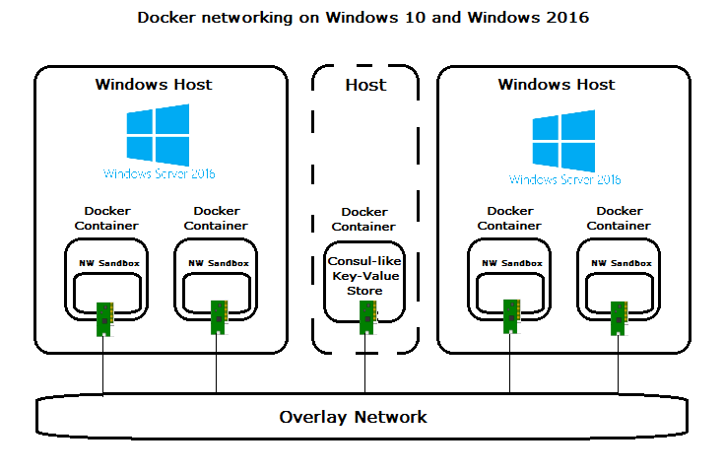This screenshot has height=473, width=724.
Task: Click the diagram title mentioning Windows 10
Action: tap(362, 18)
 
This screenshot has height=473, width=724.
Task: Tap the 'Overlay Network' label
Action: tap(353, 417)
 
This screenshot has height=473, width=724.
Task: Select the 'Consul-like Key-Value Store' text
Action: tap(365, 276)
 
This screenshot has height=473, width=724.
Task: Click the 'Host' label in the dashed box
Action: tap(365, 85)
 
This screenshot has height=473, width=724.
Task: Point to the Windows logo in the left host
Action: tap(158, 134)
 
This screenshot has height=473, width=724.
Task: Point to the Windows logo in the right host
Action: tap(563, 139)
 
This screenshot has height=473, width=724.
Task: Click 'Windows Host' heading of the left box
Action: tap(154, 84)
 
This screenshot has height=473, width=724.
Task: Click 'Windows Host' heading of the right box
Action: tap(557, 84)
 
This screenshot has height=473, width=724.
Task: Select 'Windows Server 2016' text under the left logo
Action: tap(159, 173)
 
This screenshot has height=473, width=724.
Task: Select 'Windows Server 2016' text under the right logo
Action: tap(564, 179)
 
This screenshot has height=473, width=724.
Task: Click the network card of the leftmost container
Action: tap(103, 317)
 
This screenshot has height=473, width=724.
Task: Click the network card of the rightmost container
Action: tap(620, 317)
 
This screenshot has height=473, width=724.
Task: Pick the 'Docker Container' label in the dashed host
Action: tap(363, 219)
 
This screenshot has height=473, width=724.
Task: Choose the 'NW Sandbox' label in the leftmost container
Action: tap(109, 263)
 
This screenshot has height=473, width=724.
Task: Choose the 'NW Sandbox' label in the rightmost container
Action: tap(621, 263)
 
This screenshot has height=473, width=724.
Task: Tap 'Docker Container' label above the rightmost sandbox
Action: tap(619, 218)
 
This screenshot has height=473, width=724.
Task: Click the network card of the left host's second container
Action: tap(218, 317)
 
